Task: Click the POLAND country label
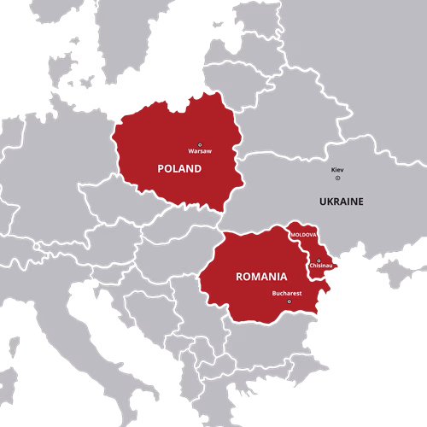(x=179, y=169)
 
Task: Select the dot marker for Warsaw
(x=200, y=144)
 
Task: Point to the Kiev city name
(x=338, y=170)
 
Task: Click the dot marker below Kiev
(x=337, y=178)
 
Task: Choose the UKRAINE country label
(x=340, y=202)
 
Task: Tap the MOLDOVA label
(x=304, y=234)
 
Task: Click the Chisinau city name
(x=321, y=266)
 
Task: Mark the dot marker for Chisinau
(x=319, y=260)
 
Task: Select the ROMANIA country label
(x=260, y=277)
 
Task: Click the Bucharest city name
(x=287, y=293)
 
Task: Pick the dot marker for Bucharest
(x=289, y=301)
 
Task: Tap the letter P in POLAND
(x=161, y=169)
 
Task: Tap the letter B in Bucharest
(x=274, y=293)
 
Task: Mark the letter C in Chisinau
(x=311, y=266)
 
